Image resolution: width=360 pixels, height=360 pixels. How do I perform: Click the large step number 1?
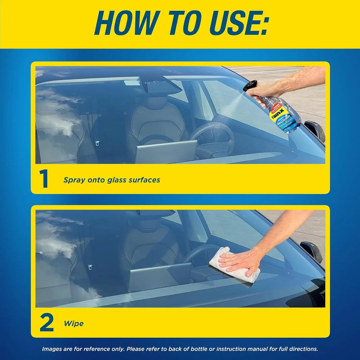(44, 180)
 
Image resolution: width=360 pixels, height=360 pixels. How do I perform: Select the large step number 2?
(46, 323)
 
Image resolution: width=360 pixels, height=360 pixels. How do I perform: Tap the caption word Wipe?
(73, 323)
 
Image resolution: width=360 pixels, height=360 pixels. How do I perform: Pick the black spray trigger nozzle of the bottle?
(250, 85)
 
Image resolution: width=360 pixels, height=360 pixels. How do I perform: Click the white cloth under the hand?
(234, 265)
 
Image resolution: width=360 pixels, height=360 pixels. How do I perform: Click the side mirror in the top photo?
(315, 130)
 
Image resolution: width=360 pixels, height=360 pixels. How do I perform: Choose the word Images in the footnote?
(52, 349)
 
